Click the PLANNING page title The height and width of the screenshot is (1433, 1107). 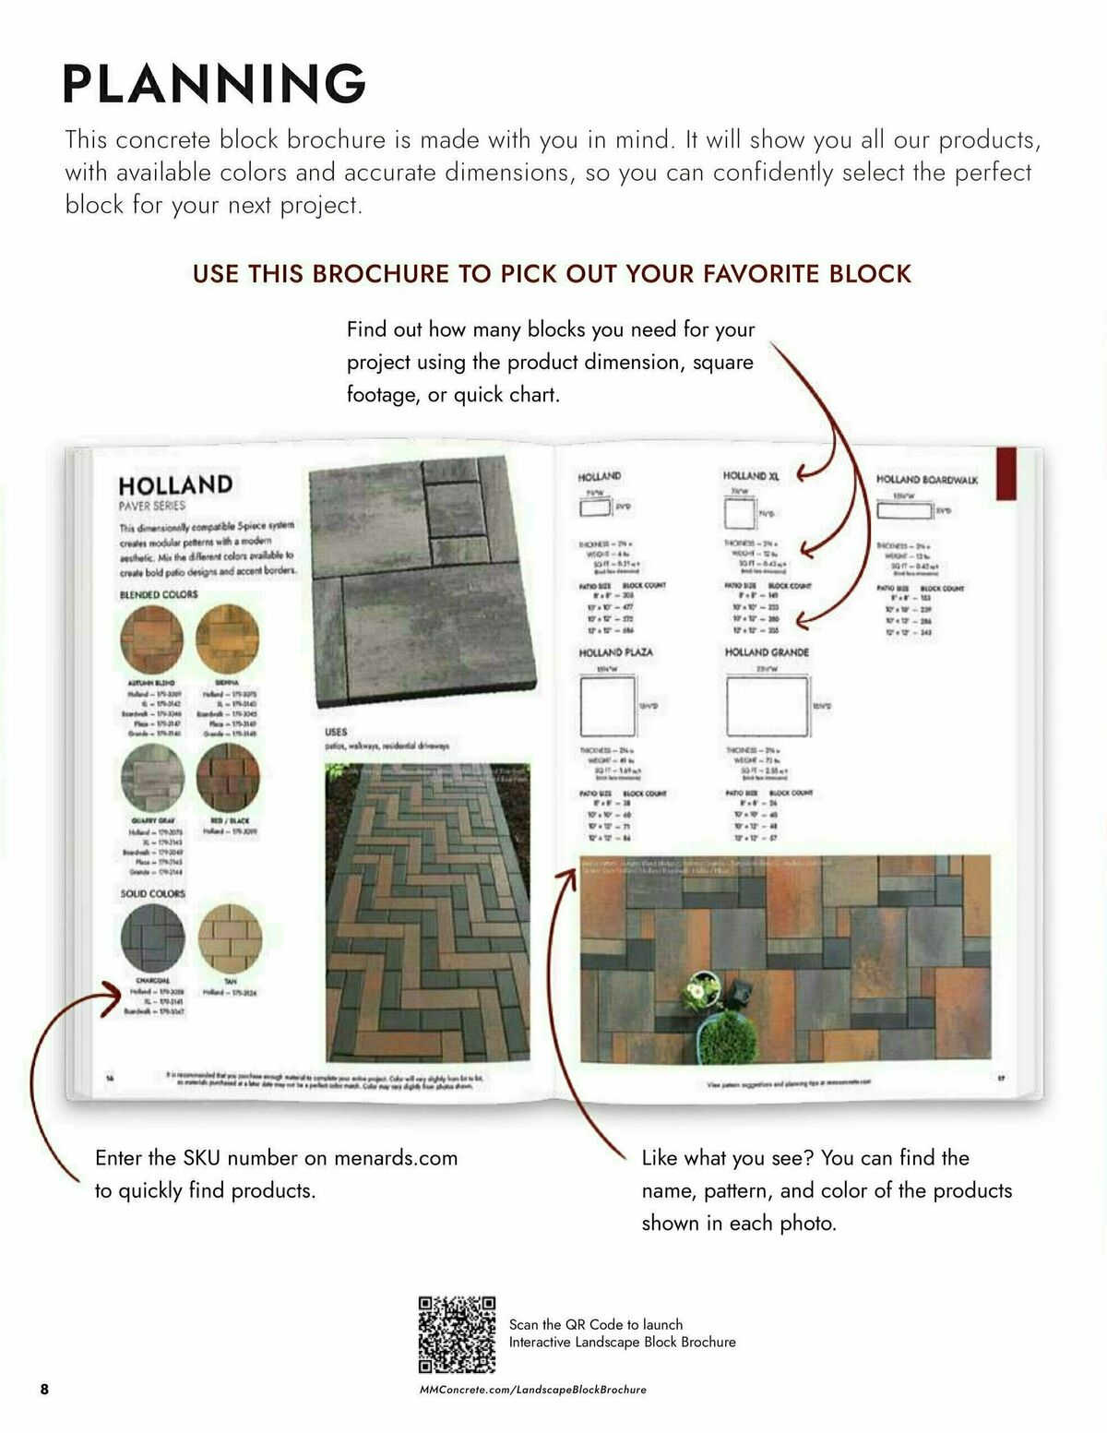[214, 83]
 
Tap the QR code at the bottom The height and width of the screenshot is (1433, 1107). [457, 1334]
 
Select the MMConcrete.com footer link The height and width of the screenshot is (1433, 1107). [532, 1389]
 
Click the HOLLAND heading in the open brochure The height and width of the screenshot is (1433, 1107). [175, 485]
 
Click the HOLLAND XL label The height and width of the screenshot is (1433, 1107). [751, 476]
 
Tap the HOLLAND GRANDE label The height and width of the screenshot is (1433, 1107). [767, 652]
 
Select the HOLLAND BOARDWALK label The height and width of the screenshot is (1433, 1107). [926, 480]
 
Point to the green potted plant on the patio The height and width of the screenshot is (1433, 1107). [728, 1027]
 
